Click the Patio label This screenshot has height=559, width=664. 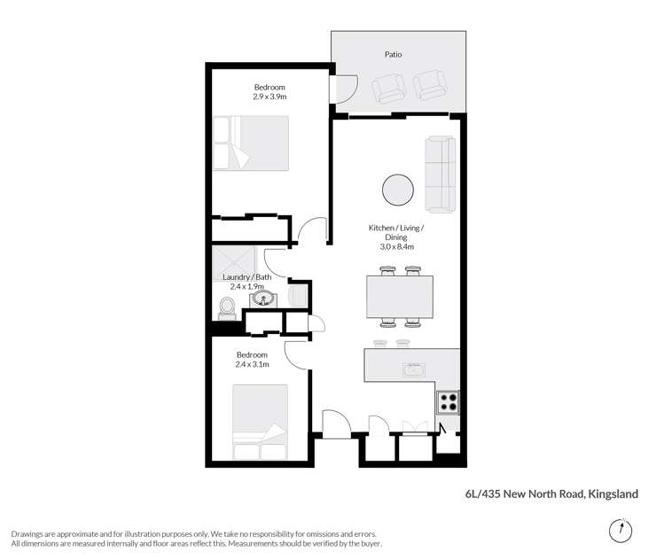point(393,55)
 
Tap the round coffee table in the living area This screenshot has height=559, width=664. point(396,189)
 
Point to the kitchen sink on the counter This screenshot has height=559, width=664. point(413,369)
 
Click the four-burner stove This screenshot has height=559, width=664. point(449,402)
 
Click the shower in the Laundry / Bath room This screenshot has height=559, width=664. point(234,261)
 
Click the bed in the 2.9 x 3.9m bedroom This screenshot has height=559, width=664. point(252,144)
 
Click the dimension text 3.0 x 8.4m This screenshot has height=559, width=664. point(396,246)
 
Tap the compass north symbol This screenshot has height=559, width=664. point(622,531)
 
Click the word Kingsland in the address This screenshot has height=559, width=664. point(613,493)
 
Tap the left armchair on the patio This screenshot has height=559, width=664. point(388,87)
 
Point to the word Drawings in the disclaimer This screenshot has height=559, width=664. point(29,534)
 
